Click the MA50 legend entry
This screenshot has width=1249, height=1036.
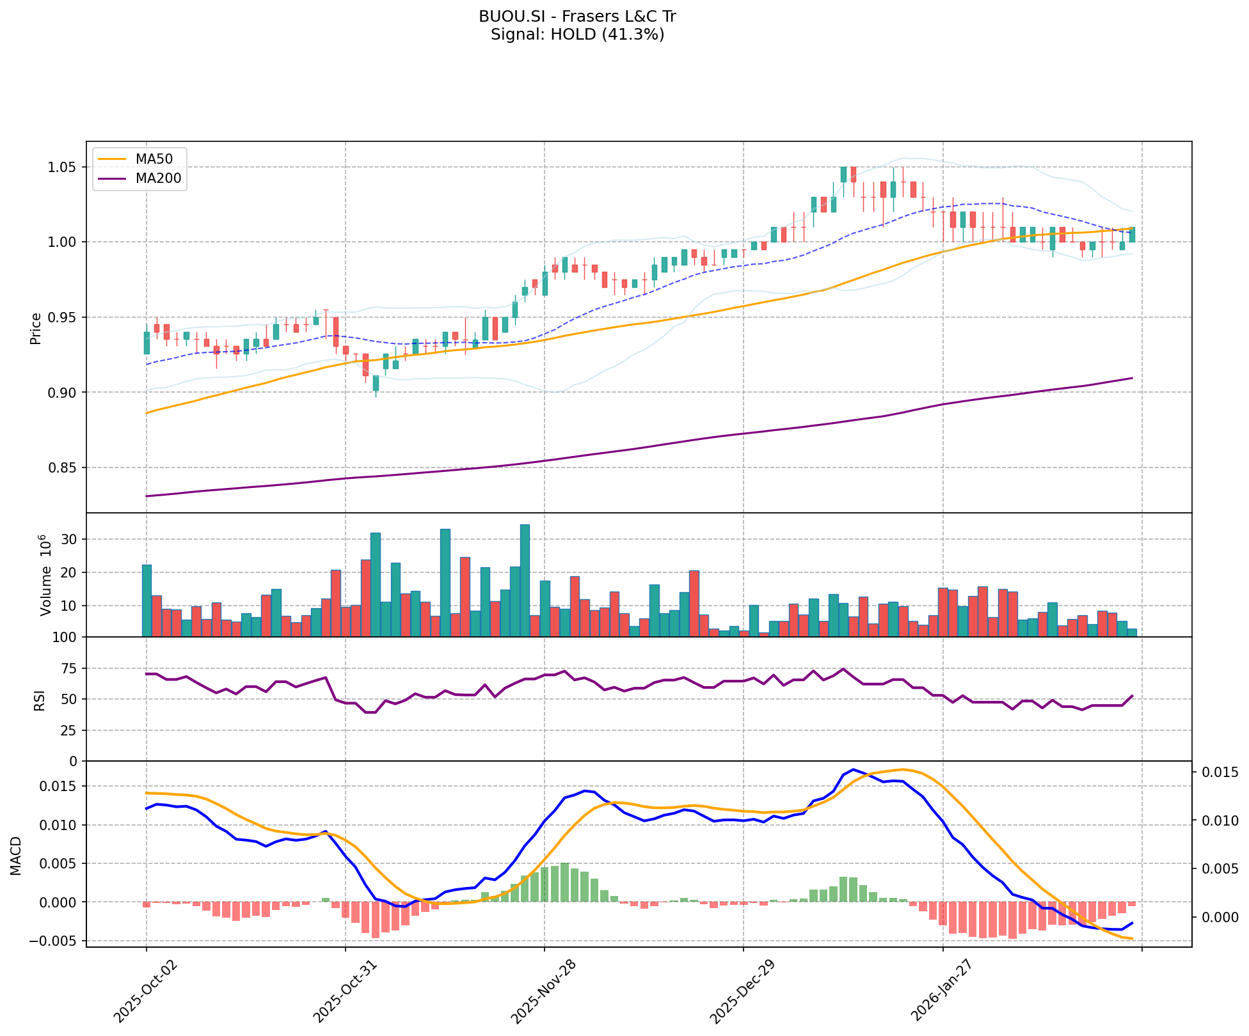[x=153, y=159]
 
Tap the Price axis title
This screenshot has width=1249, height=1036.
[x=36, y=328]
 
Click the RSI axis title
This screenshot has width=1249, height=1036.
[x=40, y=700]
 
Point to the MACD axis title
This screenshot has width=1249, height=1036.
[x=16, y=856]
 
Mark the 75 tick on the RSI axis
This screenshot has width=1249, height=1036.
[x=70, y=669]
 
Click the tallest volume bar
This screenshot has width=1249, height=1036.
[x=525, y=581]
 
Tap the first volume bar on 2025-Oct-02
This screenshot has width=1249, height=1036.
[x=147, y=600]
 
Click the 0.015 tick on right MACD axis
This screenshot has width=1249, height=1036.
[x=1219, y=773]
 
